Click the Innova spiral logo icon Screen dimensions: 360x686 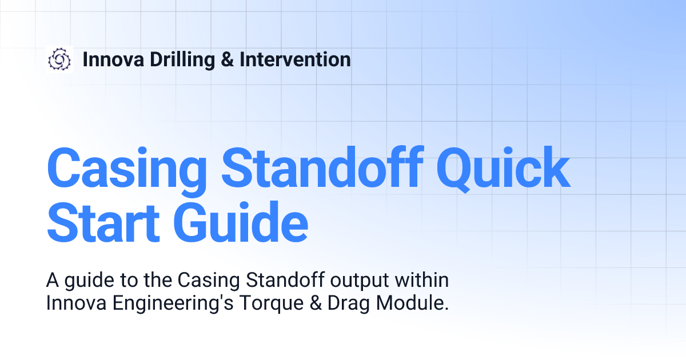pos(59,59)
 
